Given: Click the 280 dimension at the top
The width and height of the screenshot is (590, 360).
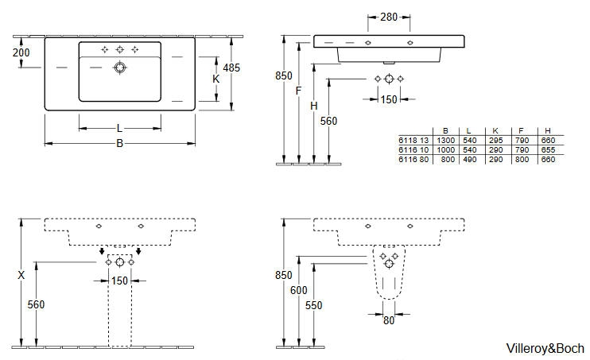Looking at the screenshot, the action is click(389, 17).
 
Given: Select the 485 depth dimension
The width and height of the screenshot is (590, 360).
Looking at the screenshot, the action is click(231, 68).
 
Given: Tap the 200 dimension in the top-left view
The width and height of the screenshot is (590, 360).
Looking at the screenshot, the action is click(21, 52).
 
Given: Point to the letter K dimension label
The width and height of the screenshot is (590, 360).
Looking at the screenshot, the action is click(216, 79).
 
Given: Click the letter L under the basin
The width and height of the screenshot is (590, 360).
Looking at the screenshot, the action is click(119, 129).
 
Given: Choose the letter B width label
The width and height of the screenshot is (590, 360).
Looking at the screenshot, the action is click(119, 143).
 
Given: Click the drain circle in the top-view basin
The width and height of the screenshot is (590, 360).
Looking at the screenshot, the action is click(119, 68).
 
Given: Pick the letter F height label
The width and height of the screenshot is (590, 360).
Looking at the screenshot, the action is click(298, 91).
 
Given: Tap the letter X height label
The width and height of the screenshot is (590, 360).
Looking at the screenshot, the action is click(21, 275).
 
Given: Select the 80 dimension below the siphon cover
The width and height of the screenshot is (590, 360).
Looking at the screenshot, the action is click(389, 320).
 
